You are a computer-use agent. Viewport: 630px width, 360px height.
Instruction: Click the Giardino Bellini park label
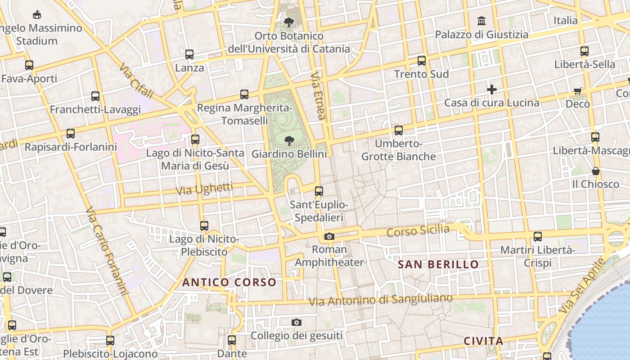pyautogui.click(x=289, y=154)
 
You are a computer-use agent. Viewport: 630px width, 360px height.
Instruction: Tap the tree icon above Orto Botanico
pyautogui.click(x=289, y=22)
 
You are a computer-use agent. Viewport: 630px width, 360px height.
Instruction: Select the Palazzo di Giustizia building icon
pyautogui.click(x=481, y=21)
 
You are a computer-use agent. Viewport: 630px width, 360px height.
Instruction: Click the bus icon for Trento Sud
pyautogui.click(x=422, y=60)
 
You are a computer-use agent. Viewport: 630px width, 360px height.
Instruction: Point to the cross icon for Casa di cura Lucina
pyautogui.click(x=492, y=90)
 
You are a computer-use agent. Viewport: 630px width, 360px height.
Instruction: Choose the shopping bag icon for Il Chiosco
pyautogui.click(x=595, y=171)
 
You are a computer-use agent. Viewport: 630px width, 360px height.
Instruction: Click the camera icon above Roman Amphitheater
pyautogui.click(x=329, y=236)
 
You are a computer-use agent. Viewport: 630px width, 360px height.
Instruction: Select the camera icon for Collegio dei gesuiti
pyautogui.click(x=296, y=322)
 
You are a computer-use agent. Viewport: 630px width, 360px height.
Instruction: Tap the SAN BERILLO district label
pyautogui.click(x=438, y=265)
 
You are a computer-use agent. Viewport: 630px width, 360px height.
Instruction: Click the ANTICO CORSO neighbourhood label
pyautogui.click(x=229, y=283)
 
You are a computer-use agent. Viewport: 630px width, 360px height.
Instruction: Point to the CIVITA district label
pyautogui.click(x=483, y=341)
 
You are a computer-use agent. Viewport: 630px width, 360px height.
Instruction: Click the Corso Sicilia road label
pyautogui.click(x=418, y=231)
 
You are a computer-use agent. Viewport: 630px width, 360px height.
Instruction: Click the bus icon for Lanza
pyautogui.click(x=189, y=54)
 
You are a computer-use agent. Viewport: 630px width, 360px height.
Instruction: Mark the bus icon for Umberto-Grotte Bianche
pyautogui.click(x=399, y=130)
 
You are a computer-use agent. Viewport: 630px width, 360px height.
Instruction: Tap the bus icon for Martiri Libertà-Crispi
pyautogui.click(x=537, y=236)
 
